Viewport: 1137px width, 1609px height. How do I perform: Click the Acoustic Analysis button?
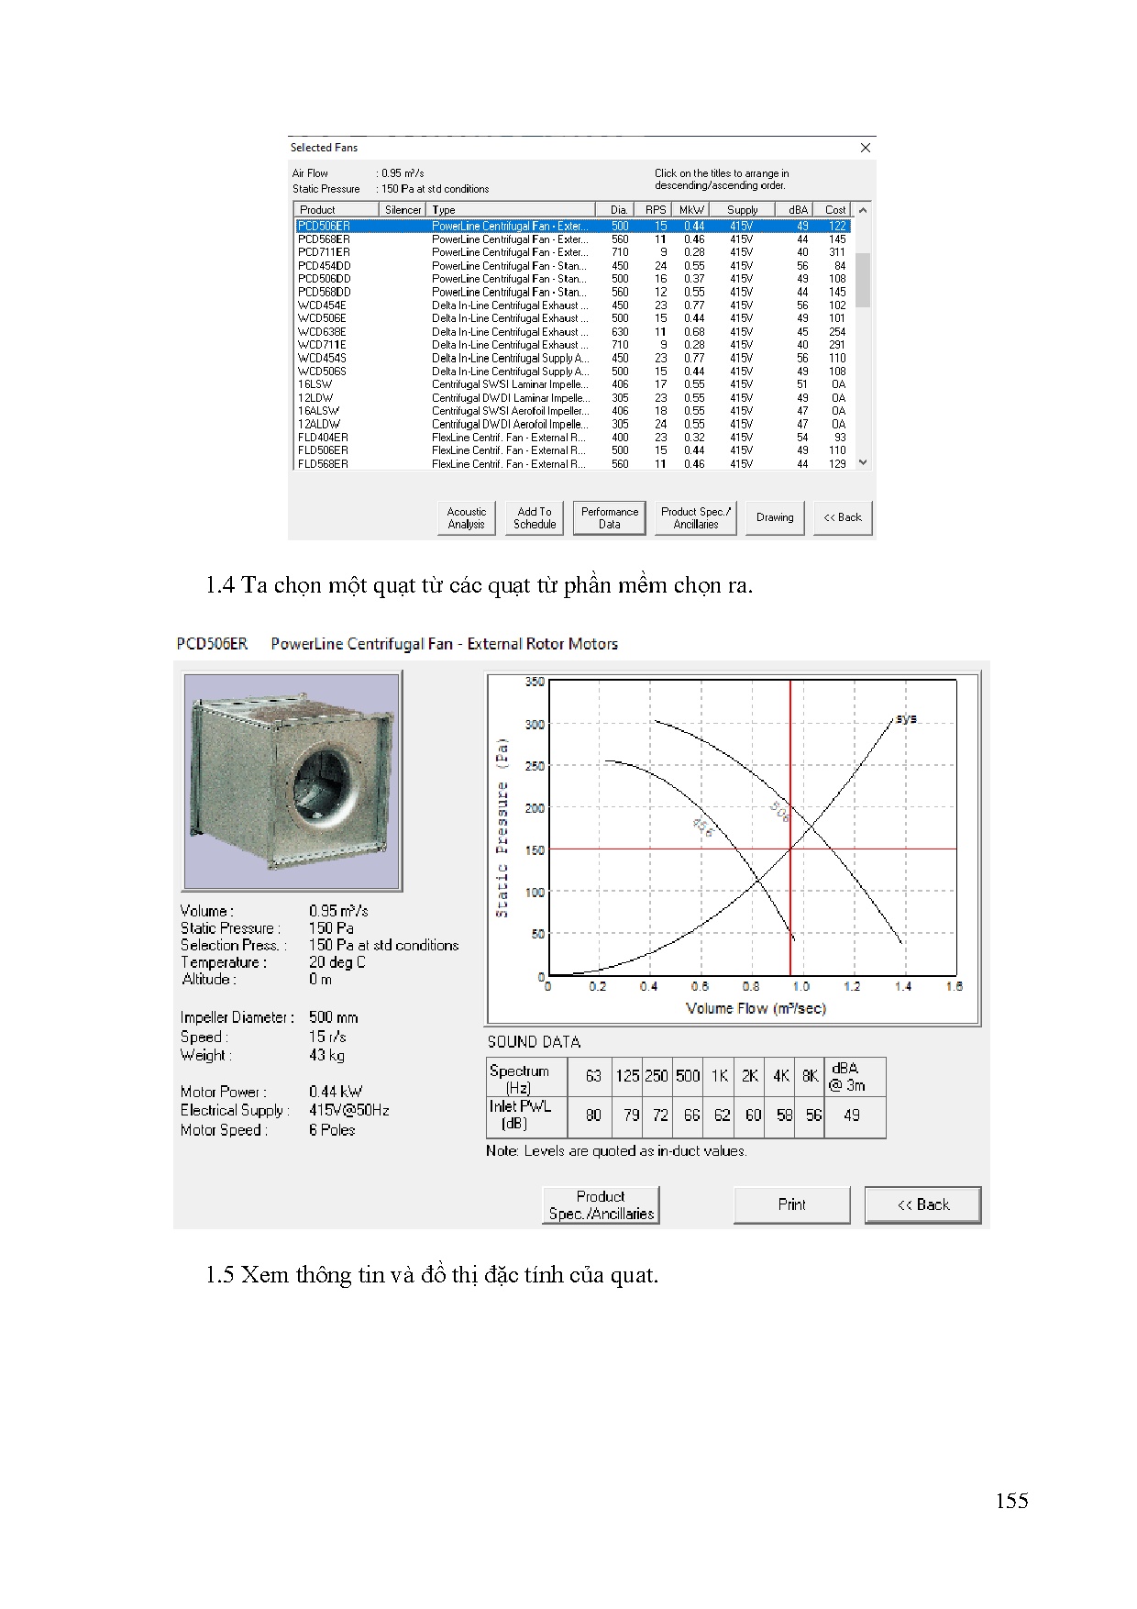click(466, 518)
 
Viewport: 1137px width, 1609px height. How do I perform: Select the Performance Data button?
click(609, 518)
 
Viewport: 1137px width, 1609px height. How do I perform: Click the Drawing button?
click(775, 518)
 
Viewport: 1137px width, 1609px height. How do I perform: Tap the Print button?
click(791, 1204)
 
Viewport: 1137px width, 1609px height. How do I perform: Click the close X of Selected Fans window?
click(866, 148)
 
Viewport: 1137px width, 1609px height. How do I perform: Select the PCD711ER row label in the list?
click(324, 252)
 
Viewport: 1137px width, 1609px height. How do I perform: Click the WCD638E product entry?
click(322, 332)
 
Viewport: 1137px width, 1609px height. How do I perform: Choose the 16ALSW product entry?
click(318, 411)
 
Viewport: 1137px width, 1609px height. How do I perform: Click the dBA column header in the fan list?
click(798, 210)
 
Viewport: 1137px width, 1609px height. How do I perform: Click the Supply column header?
click(742, 210)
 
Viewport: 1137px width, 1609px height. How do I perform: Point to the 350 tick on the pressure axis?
click(535, 682)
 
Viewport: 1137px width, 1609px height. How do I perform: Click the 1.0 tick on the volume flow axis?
click(801, 987)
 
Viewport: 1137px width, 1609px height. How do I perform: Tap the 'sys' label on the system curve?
click(906, 718)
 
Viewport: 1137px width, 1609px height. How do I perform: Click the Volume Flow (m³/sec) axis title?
click(756, 1008)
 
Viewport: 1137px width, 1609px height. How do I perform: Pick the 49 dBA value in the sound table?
click(852, 1115)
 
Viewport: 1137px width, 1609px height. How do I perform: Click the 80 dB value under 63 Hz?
click(593, 1115)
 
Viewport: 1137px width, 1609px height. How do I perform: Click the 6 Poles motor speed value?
click(332, 1130)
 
